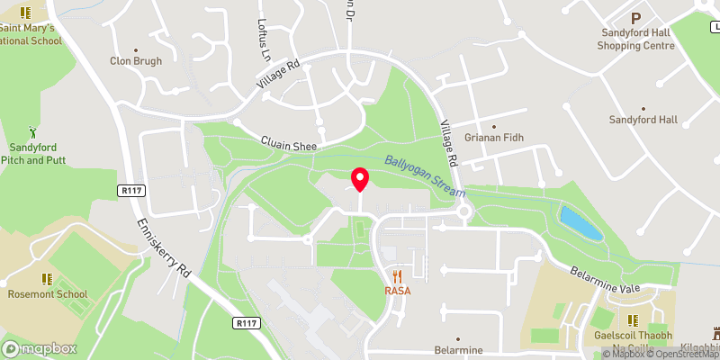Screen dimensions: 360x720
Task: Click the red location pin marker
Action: click(x=360, y=179)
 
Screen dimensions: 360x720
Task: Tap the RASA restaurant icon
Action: click(x=396, y=275)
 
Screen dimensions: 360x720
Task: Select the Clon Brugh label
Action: click(x=136, y=61)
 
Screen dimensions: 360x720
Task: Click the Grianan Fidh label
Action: click(x=494, y=137)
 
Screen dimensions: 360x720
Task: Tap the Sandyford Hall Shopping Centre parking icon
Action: click(x=636, y=17)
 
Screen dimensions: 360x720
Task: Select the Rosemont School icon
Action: click(x=48, y=279)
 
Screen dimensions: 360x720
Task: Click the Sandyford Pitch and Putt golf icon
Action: click(x=32, y=131)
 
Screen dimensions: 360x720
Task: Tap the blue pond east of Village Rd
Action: click(x=580, y=223)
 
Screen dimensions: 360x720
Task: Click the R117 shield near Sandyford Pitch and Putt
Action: click(x=131, y=190)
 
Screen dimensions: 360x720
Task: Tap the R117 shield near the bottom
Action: click(x=245, y=322)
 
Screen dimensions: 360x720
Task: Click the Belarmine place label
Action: click(x=457, y=349)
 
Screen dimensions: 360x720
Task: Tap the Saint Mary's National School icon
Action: click(x=25, y=13)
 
